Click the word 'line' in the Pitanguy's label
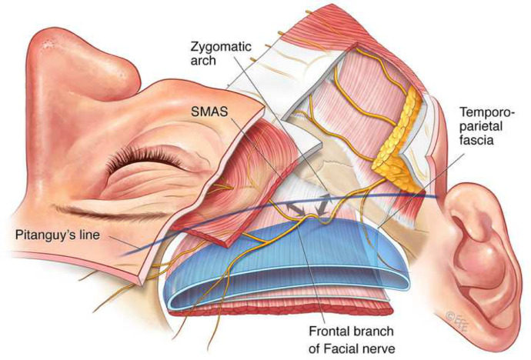pos(101,234)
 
